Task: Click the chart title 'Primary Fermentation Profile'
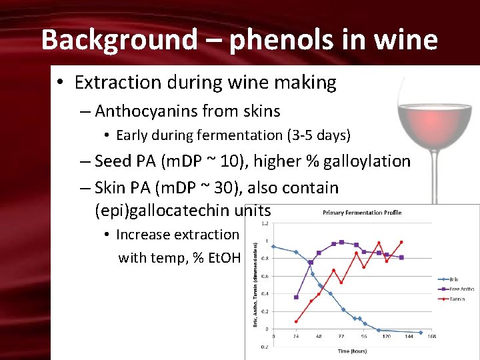362,213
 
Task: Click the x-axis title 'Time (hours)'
352,351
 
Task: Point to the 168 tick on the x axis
432,337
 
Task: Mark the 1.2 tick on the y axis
265,224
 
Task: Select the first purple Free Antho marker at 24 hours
296,297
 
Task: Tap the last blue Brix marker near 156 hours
421,332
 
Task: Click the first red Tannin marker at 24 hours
296,321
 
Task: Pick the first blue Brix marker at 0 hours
273,247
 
